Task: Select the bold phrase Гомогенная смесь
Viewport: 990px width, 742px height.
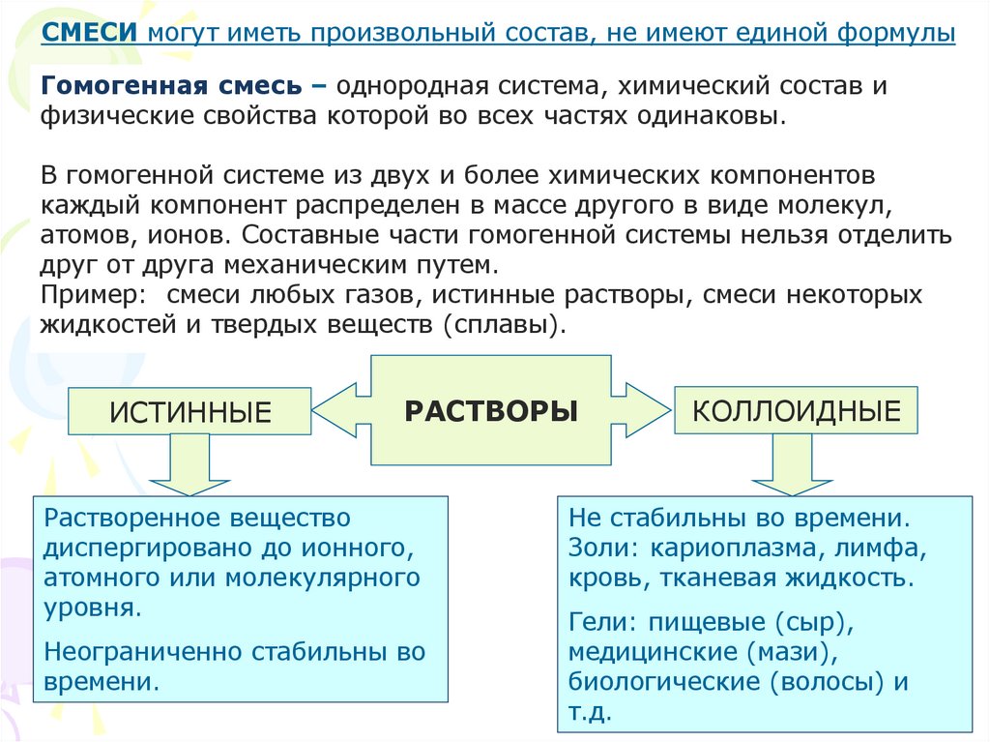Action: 171,85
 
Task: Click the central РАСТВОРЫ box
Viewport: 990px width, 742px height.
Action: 491,410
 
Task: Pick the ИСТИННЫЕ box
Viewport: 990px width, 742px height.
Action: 189,413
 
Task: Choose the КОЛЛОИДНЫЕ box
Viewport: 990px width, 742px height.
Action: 796,411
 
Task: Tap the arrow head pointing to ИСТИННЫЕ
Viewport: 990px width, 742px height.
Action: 335,411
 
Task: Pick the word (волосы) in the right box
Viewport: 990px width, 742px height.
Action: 828,682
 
